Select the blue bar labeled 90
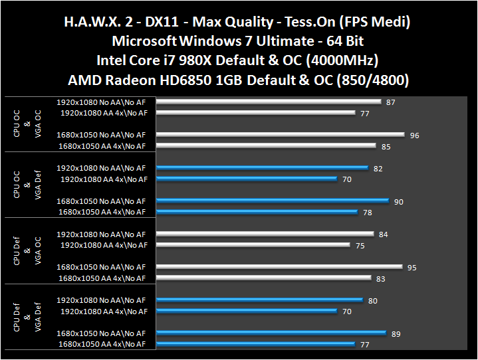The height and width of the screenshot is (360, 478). (x=273, y=201)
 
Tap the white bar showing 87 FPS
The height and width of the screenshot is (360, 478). (x=269, y=102)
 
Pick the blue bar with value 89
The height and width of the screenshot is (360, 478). (x=271, y=333)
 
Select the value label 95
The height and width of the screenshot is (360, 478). (x=412, y=268)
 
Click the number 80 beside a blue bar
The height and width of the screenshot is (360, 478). (x=372, y=301)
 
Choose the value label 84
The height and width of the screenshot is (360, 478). (x=383, y=234)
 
